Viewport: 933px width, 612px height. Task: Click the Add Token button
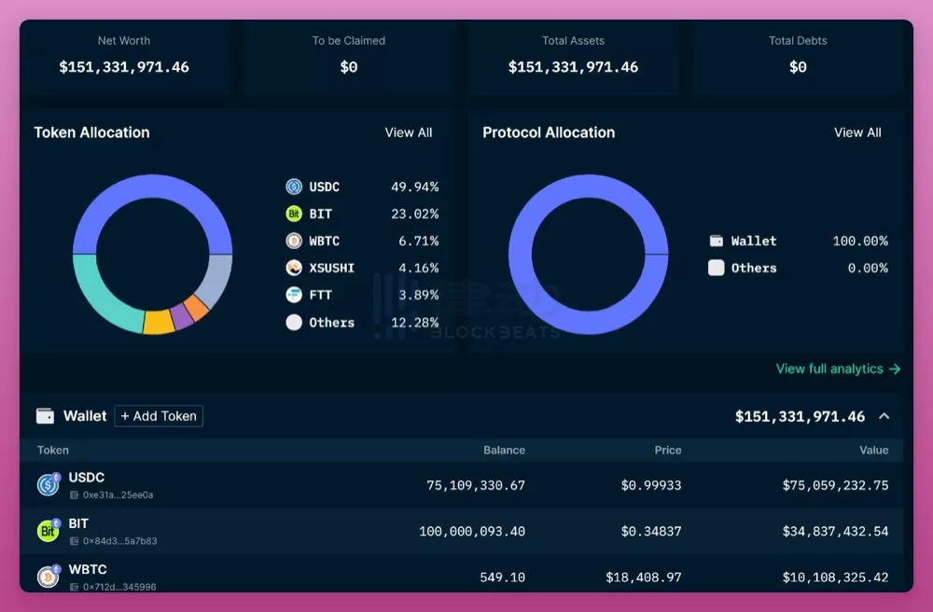click(159, 416)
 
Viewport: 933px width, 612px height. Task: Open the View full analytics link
click(838, 369)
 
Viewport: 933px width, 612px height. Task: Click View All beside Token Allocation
click(409, 132)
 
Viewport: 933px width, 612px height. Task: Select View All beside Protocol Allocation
click(857, 132)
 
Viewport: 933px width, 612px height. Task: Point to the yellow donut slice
click(159, 323)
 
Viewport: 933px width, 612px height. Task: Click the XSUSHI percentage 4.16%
click(418, 269)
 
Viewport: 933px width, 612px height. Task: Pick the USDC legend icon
click(294, 187)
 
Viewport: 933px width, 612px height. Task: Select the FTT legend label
click(320, 295)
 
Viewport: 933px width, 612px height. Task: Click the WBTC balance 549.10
click(502, 577)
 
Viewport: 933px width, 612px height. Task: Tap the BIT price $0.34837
click(651, 531)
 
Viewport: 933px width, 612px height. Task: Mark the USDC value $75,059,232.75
click(835, 485)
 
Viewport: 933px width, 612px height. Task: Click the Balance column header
click(504, 451)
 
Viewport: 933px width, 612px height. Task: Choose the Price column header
click(668, 451)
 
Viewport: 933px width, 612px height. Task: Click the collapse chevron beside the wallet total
click(884, 416)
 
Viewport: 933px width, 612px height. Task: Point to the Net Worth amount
click(124, 67)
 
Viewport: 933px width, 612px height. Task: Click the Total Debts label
click(798, 40)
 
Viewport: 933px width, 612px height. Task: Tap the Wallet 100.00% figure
click(860, 241)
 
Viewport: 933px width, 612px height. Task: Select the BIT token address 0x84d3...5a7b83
click(119, 541)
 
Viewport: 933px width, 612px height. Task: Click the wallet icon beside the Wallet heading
click(45, 416)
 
